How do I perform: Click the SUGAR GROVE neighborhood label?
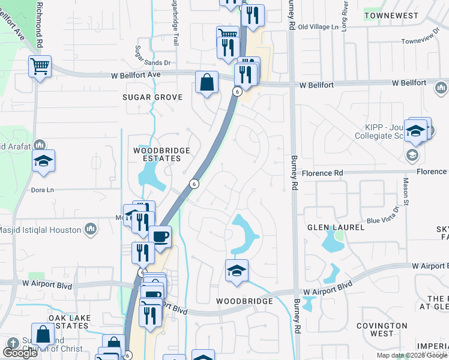point(152,97)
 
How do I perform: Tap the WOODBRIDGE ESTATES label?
point(161,154)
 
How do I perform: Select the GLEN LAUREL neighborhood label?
point(336,227)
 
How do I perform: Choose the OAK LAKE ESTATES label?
point(70,322)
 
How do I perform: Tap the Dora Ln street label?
point(42,190)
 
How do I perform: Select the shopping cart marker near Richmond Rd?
point(40,67)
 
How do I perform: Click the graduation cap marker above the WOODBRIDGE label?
point(237,271)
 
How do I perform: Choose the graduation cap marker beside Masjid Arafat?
point(43,161)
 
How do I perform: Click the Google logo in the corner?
point(19,352)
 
